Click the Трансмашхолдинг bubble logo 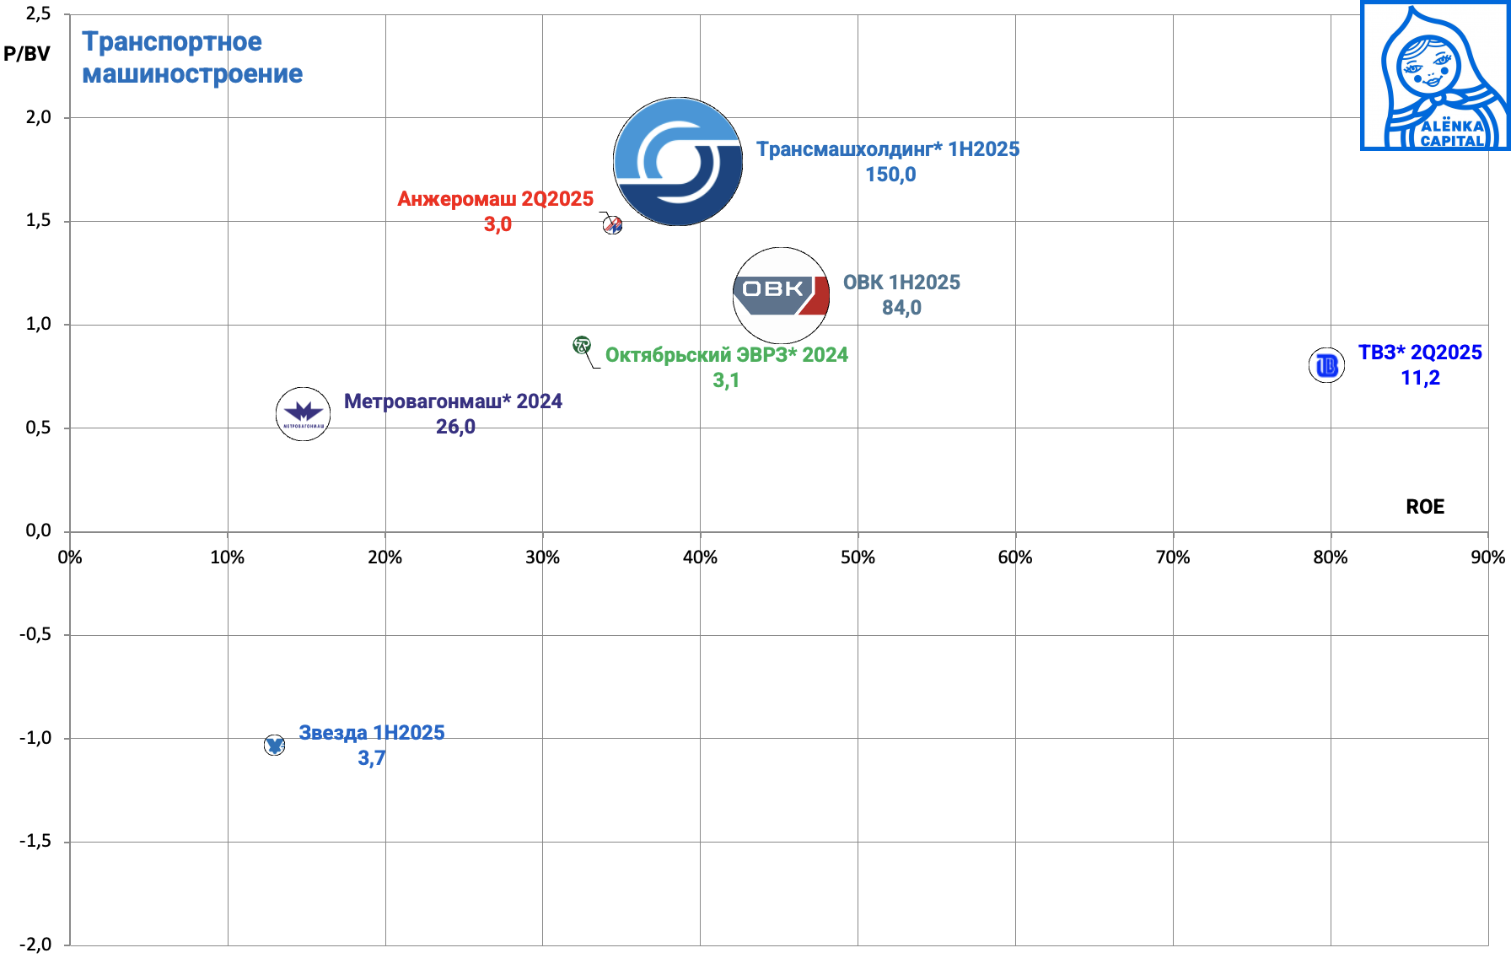coord(678,161)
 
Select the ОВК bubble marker coord(781,295)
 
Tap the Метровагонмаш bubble coord(303,413)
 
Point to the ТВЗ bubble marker coord(1326,365)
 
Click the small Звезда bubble coord(274,745)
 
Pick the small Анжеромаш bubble coord(613,225)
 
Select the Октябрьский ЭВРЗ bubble coord(582,344)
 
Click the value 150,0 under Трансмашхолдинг coord(890,175)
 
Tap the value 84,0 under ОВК coord(901,308)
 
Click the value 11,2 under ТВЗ coord(1420,378)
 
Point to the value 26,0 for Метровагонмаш coord(455,427)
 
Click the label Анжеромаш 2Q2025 coord(496,199)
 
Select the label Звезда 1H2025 coord(371,733)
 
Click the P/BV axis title coord(27,54)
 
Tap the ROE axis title coord(1425,507)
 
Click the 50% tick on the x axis coord(858,557)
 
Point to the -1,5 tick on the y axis coord(35,841)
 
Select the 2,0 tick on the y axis coord(39,117)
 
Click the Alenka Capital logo coord(1435,76)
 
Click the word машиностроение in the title coord(192,74)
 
